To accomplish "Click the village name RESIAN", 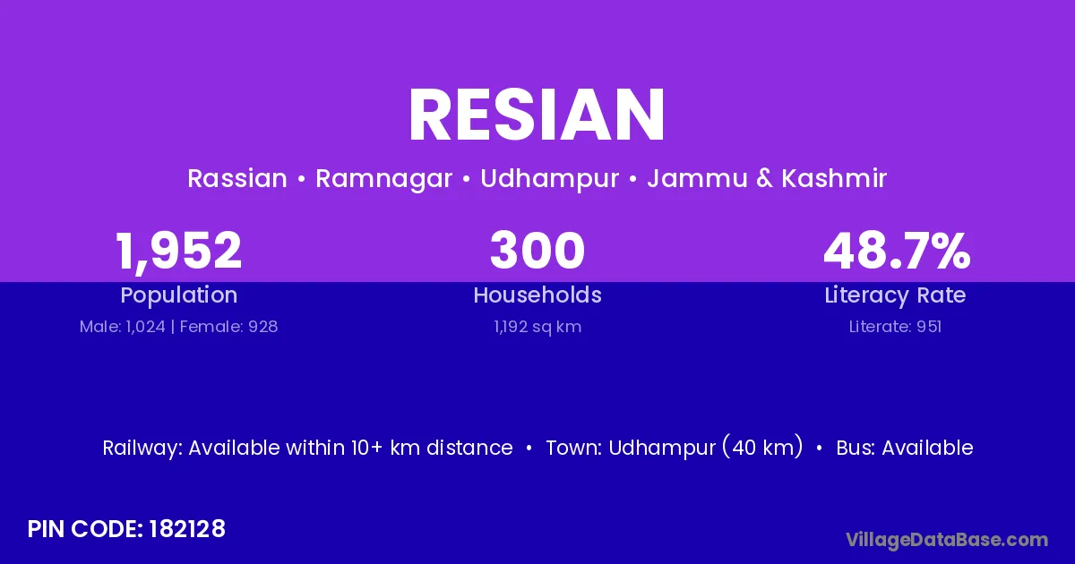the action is (x=537, y=115).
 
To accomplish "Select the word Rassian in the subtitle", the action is (x=237, y=178).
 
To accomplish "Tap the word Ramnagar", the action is (x=383, y=179).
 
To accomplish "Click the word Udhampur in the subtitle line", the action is (x=549, y=179).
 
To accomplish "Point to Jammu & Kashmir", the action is (x=767, y=178).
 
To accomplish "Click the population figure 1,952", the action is (x=178, y=252).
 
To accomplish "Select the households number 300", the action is (x=537, y=251).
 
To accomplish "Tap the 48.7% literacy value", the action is (x=897, y=251).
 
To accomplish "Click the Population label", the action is (x=179, y=295).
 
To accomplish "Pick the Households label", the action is (x=537, y=295).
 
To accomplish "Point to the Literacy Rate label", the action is (x=895, y=295).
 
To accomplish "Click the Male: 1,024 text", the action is (x=123, y=327).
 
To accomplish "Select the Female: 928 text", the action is (x=229, y=327).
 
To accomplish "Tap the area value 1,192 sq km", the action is (x=537, y=327).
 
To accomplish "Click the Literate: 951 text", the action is (x=895, y=327).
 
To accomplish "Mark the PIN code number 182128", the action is (x=187, y=529).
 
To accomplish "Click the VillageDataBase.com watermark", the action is (x=947, y=540).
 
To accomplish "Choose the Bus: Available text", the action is (x=905, y=448).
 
